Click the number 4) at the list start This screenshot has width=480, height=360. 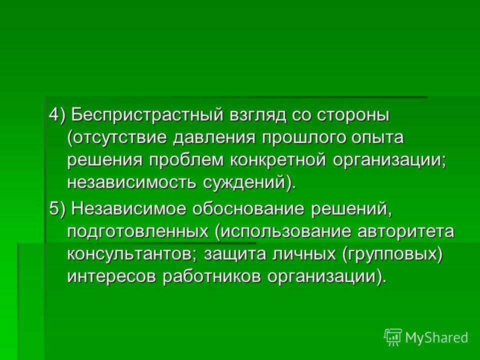[x=57, y=115]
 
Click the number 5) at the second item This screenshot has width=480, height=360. [x=57, y=209]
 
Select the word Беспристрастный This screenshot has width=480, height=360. [x=146, y=115]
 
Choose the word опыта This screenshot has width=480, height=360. [x=377, y=138]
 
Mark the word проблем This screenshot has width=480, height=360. [x=186, y=160]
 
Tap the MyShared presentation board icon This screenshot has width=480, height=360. [x=393, y=337]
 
